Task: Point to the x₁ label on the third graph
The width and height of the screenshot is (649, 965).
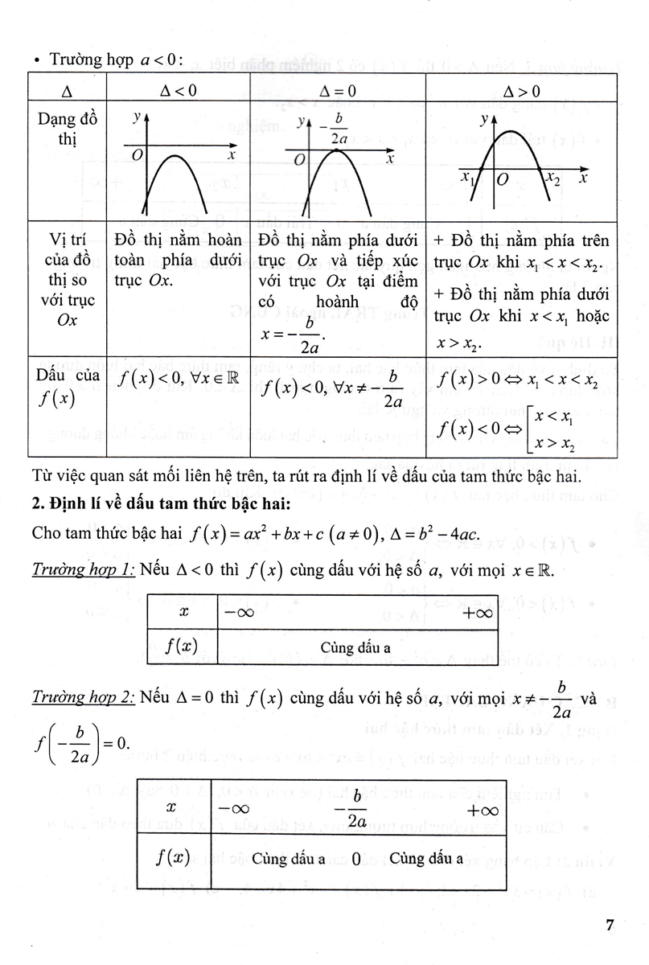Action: [x=466, y=177]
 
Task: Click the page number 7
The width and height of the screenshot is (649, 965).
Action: [x=610, y=926]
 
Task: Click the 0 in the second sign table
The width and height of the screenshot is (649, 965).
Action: [x=354, y=858]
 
